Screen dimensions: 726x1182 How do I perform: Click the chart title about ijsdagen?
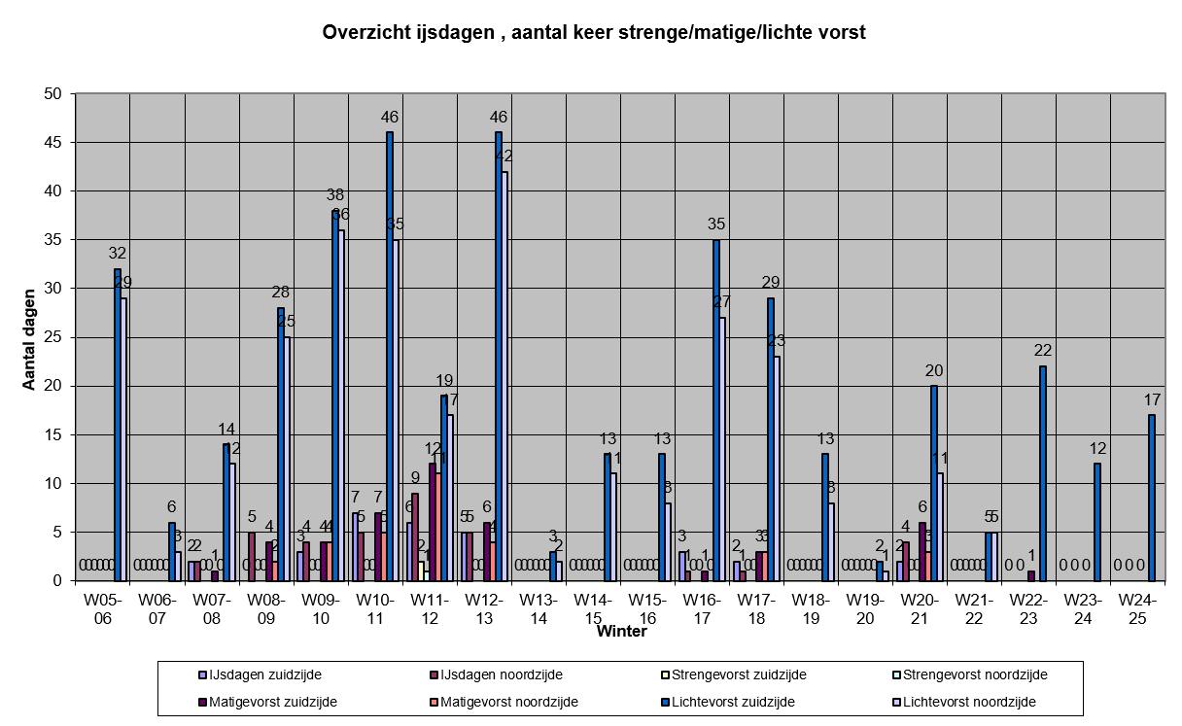[593, 32]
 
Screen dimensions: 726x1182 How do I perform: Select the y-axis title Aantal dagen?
[29, 338]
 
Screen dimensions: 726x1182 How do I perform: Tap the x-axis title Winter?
[622, 632]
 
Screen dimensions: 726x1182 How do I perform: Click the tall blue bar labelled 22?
[1043, 473]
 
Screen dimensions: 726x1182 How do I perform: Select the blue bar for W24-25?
[1152, 498]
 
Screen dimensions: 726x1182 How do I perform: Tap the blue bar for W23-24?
[1097, 522]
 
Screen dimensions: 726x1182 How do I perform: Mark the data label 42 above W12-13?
[504, 156]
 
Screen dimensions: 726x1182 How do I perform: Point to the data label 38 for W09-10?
[334, 194]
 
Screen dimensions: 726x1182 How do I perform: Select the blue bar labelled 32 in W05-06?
[118, 425]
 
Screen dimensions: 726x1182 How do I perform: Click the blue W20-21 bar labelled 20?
[934, 483]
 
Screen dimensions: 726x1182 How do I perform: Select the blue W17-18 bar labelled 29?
[771, 439]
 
